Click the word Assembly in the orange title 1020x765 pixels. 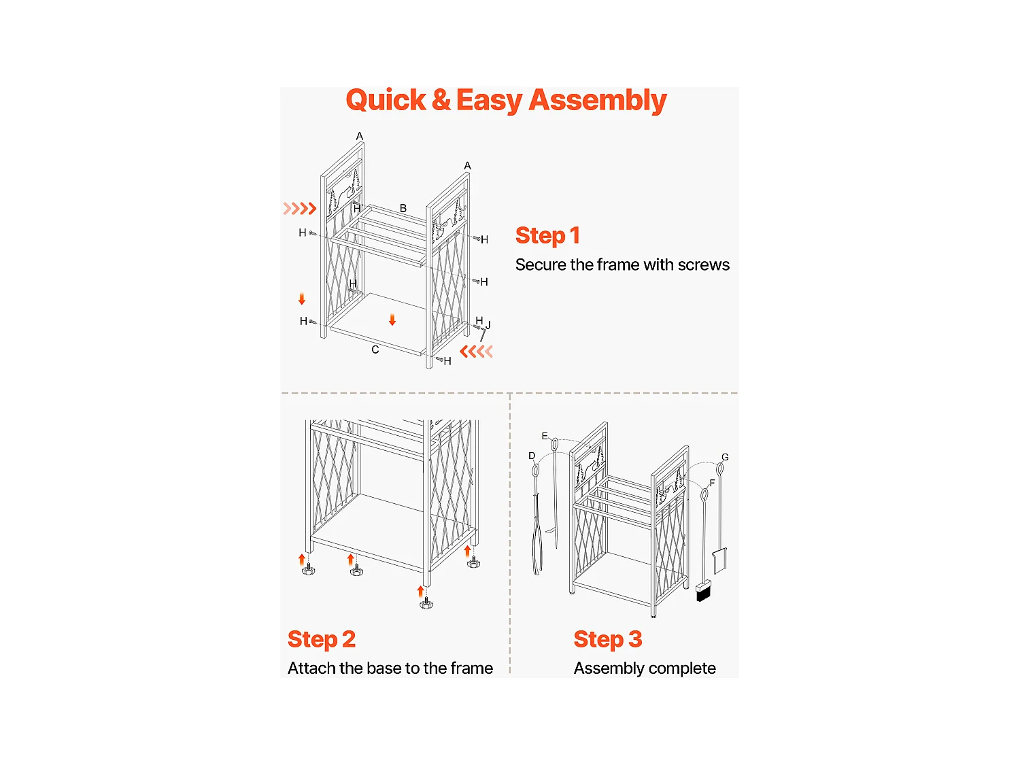click(x=597, y=101)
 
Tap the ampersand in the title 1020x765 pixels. click(x=441, y=100)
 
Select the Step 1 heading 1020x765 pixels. click(x=547, y=235)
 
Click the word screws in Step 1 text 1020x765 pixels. click(x=703, y=265)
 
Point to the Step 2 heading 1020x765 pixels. click(x=322, y=639)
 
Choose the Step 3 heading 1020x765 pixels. click(x=608, y=639)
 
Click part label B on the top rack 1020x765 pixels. click(x=403, y=208)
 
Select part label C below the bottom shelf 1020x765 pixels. click(x=375, y=350)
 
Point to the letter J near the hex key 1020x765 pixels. click(x=488, y=325)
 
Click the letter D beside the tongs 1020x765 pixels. click(x=532, y=456)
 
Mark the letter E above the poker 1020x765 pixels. click(x=544, y=436)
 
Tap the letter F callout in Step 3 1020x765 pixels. click(x=712, y=483)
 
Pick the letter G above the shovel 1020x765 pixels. click(x=725, y=457)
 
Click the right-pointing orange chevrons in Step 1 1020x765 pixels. click(x=300, y=208)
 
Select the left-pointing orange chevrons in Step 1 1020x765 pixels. click(x=476, y=352)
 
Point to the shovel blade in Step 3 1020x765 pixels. click(x=720, y=561)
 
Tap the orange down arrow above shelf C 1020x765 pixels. click(x=392, y=320)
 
